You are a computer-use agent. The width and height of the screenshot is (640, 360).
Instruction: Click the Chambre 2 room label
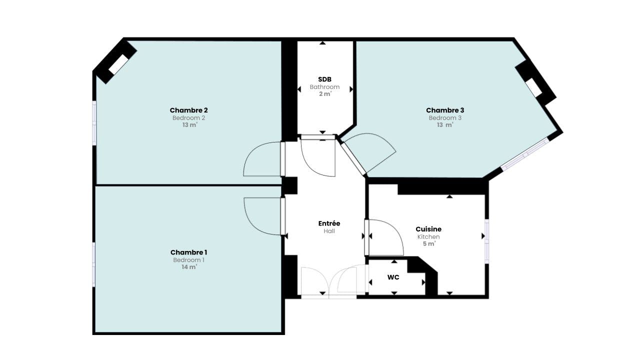(188, 110)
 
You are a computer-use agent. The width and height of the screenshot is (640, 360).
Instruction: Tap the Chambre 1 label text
(188, 252)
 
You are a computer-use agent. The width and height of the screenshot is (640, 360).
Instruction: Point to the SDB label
(324, 79)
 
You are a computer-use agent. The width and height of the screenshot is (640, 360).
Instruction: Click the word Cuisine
(428, 229)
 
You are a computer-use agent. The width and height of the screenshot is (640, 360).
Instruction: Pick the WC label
(393, 277)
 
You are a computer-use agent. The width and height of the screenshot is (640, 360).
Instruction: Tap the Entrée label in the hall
(329, 223)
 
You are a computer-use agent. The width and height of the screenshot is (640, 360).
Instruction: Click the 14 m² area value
(188, 267)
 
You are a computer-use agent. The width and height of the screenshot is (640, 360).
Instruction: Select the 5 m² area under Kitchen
(428, 244)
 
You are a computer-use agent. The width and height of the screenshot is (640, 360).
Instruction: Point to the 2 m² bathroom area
(324, 94)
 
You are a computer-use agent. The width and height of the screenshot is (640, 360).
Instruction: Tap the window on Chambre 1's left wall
(94, 264)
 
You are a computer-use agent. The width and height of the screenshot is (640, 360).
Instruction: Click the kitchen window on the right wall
(486, 240)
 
